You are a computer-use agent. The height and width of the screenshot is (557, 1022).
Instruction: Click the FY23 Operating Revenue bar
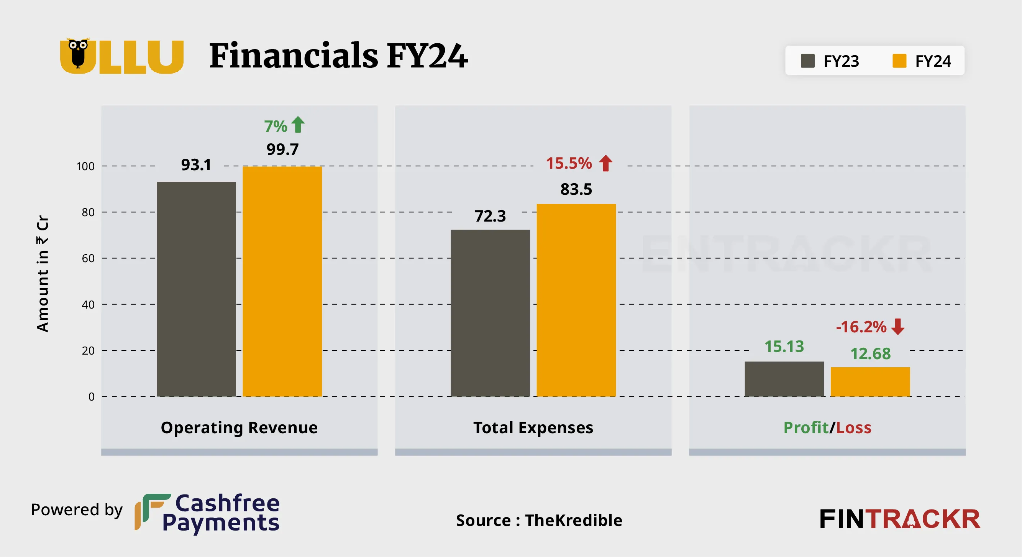click(196, 289)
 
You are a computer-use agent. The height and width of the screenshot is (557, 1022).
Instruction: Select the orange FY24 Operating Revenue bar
click(282, 281)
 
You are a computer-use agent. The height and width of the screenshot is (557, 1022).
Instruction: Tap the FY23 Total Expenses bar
click(490, 313)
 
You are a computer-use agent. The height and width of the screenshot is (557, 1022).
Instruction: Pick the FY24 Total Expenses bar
click(576, 300)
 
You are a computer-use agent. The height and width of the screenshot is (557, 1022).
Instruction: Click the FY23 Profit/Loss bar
click(784, 379)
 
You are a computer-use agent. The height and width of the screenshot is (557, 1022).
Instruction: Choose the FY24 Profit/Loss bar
click(870, 381)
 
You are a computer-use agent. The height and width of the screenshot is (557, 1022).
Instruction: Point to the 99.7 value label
click(282, 149)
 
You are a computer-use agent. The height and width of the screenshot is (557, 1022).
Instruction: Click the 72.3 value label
click(490, 216)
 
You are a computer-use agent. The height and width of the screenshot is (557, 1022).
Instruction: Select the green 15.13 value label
click(784, 346)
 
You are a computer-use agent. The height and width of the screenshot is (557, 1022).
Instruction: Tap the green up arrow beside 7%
click(298, 125)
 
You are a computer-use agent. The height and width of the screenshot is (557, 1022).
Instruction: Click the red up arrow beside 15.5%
click(605, 163)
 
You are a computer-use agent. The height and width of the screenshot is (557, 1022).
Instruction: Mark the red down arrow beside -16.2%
click(898, 326)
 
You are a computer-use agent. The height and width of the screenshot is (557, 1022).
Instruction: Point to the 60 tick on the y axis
click(88, 258)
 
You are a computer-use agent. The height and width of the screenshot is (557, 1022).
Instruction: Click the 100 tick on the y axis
click(85, 166)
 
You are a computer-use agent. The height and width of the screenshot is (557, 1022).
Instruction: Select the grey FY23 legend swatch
click(807, 61)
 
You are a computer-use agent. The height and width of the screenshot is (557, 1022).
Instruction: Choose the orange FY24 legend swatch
click(899, 61)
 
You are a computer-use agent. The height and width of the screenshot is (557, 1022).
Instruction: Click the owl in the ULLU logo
click(78, 54)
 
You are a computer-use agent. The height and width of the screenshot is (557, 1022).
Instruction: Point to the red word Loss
click(853, 427)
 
